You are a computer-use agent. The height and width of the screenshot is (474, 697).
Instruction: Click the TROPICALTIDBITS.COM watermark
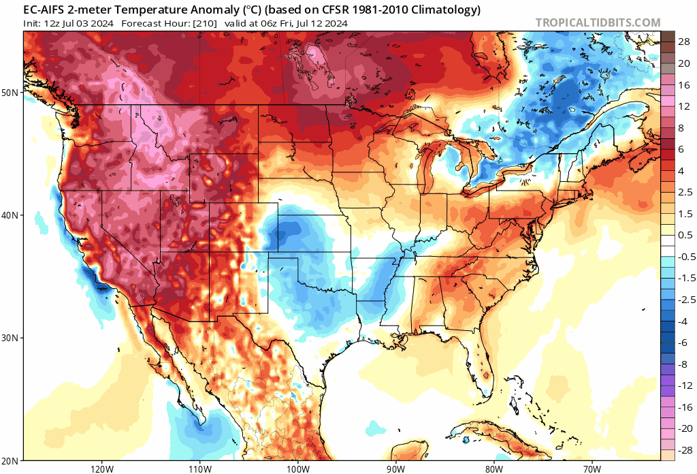coord(598,22)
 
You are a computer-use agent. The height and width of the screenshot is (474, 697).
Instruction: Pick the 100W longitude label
coord(297,469)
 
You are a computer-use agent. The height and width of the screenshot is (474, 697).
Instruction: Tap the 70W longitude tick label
coord(591,469)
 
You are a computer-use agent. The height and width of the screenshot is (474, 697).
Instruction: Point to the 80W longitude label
coord(493,469)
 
